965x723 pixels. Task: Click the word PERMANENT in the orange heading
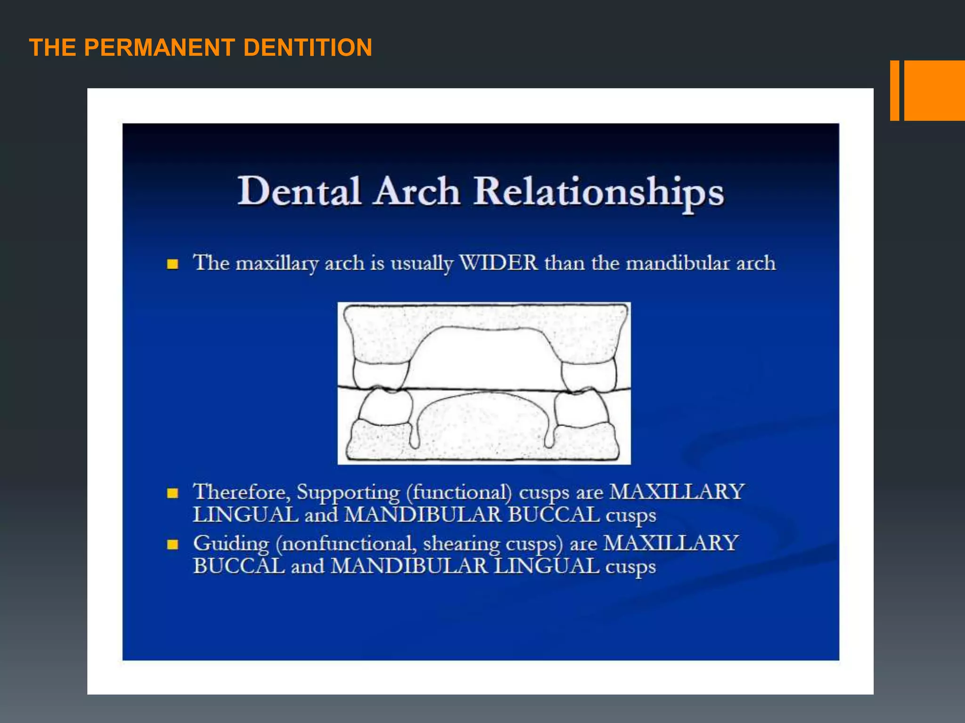pyautogui.click(x=160, y=48)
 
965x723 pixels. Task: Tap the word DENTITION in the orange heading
pyautogui.click(x=308, y=48)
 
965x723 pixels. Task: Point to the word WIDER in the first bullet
pyautogui.click(x=499, y=263)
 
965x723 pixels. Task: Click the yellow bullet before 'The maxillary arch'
pyautogui.click(x=173, y=264)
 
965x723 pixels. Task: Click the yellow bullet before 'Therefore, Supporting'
pyautogui.click(x=173, y=493)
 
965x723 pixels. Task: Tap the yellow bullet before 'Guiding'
pyautogui.click(x=173, y=545)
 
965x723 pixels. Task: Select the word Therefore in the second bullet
pyautogui.click(x=241, y=492)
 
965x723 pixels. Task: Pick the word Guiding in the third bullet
pyautogui.click(x=231, y=544)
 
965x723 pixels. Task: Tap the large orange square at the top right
pyautogui.click(x=934, y=90)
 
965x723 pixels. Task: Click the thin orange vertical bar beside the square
pyautogui.click(x=894, y=90)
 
